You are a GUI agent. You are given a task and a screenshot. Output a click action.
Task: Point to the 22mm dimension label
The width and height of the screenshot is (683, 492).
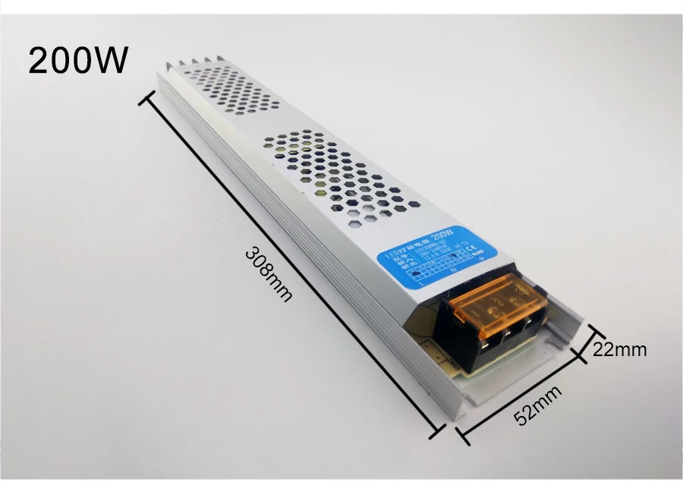coord(620,350)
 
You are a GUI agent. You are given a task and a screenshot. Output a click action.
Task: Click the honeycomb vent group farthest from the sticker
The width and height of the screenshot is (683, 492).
coord(228,87)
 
